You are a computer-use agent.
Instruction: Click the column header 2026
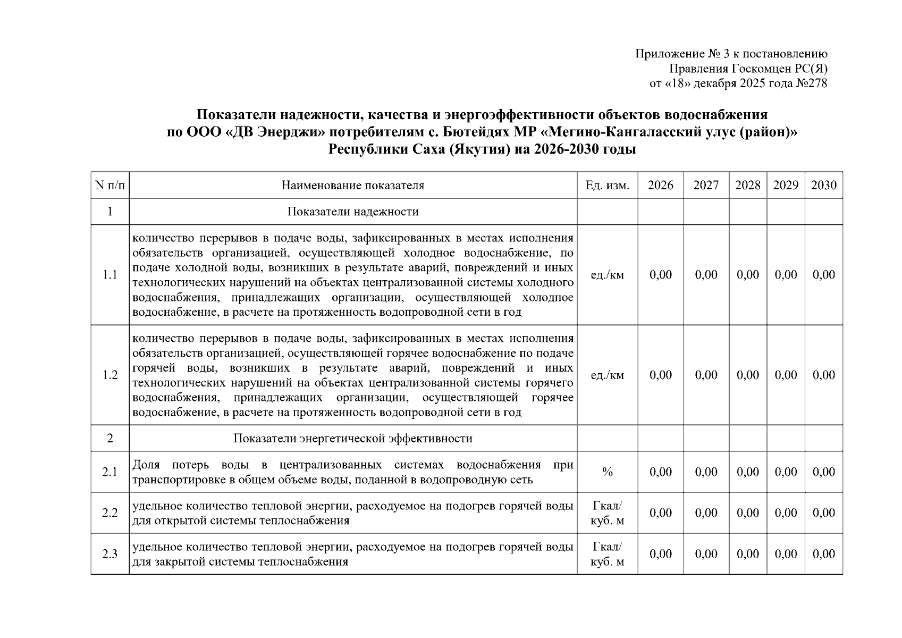click(x=660, y=185)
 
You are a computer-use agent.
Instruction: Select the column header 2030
click(x=823, y=185)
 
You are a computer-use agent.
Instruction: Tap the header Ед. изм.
click(x=607, y=185)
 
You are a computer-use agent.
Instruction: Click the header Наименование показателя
click(x=352, y=185)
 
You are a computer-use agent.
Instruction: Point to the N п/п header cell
click(x=110, y=185)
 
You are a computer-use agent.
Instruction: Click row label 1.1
click(x=110, y=275)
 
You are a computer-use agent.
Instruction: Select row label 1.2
click(x=110, y=375)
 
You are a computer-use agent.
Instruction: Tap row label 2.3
click(x=110, y=554)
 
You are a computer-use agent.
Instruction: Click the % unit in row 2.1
click(x=607, y=472)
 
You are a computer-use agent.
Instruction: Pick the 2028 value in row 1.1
click(x=747, y=275)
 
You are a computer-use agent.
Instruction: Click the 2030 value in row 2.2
click(x=823, y=513)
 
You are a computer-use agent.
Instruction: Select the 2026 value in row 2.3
click(x=660, y=554)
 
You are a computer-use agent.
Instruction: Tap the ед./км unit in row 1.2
click(x=607, y=375)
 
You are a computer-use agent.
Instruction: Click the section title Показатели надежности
click(x=352, y=212)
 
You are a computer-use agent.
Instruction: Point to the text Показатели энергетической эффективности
click(x=352, y=439)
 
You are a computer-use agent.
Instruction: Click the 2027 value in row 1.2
click(x=706, y=375)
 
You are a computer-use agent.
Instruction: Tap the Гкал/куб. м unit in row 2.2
click(x=607, y=513)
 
